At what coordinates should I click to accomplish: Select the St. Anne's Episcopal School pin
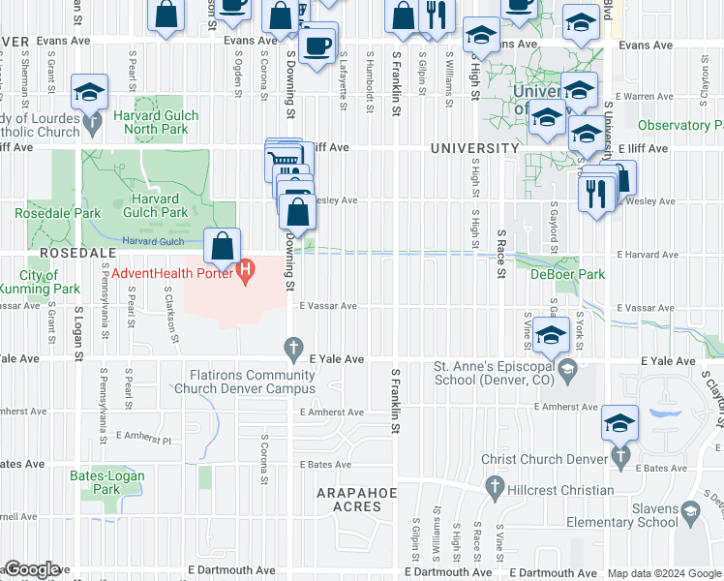coord(568,367)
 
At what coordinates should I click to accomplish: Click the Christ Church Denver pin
coord(620,455)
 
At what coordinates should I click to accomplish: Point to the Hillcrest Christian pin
coord(495,490)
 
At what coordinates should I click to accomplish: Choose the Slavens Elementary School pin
coord(689,510)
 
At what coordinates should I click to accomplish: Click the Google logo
coord(31,569)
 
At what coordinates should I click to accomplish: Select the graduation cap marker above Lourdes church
coord(89,92)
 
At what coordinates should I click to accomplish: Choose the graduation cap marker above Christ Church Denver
coord(620,422)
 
